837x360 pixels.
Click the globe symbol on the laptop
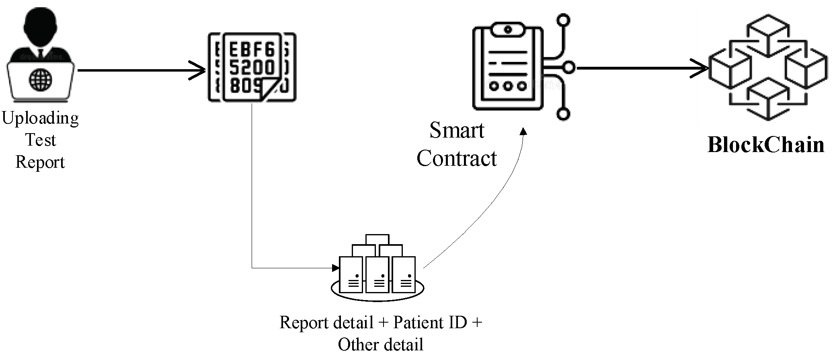pyautogui.click(x=40, y=79)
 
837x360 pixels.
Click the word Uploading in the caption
pyautogui.click(x=40, y=118)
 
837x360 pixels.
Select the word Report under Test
pyautogui.click(x=40, y=162)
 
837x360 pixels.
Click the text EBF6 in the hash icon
pyautogui.click(x=251, y=50)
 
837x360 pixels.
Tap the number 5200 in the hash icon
pyautogui.click(x=252, y=67)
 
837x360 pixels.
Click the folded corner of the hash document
pyautogui.click(x=271, y=91)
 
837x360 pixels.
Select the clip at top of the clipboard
pyautogui.click(x=508, y=29)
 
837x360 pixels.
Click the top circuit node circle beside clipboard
pyautogui.click(x=563, y=20)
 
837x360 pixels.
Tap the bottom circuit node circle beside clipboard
pyautogui.click(x=563, y=114)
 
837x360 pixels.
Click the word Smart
pyautogui.click(x=457, y=130)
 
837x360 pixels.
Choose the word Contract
pyautogui.click(x=457, y=158)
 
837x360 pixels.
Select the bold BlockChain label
pyautogui.click(x=765, y=145)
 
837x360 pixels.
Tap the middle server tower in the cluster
pyautogui.click(x=377, y=275)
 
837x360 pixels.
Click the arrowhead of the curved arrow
pyautogui.click(x=523, y=132)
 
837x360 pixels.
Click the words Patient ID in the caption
pyautogui.click(x=430, y=323)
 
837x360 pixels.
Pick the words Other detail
pyautogui.click(x=380, y=345)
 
